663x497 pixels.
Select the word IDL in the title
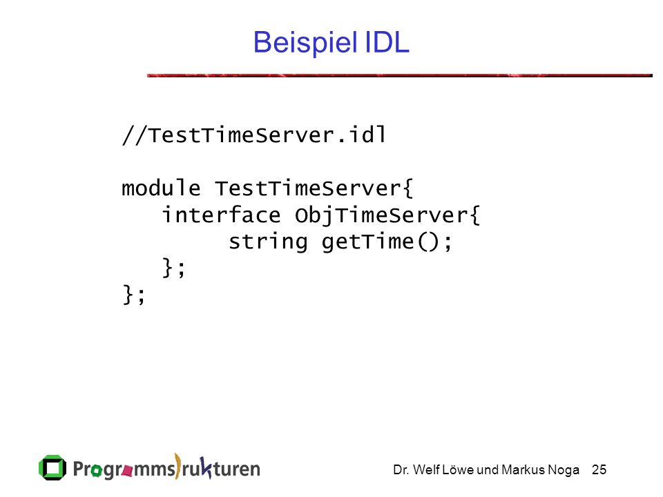coord(387,42)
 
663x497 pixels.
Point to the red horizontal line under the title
coord(400,75)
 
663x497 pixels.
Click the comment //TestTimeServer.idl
coord(253,135)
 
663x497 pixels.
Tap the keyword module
coord(161,188)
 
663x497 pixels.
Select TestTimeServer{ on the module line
coord(314,188)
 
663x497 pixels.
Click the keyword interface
coord(221,215)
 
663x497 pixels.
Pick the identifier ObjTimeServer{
coord(387,215)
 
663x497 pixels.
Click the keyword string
coord(268,242)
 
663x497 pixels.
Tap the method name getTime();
coord(387,242)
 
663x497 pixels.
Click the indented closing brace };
coord(173,268)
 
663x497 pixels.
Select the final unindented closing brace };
coord(133,295)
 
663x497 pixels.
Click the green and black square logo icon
coord(52,468)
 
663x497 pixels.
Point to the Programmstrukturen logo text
coord(166,467)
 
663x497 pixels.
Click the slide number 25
coord(599,469)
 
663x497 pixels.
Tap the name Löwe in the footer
coord(458,469)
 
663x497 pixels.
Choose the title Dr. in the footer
coord(401,469)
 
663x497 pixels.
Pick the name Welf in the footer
coord(426,469)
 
